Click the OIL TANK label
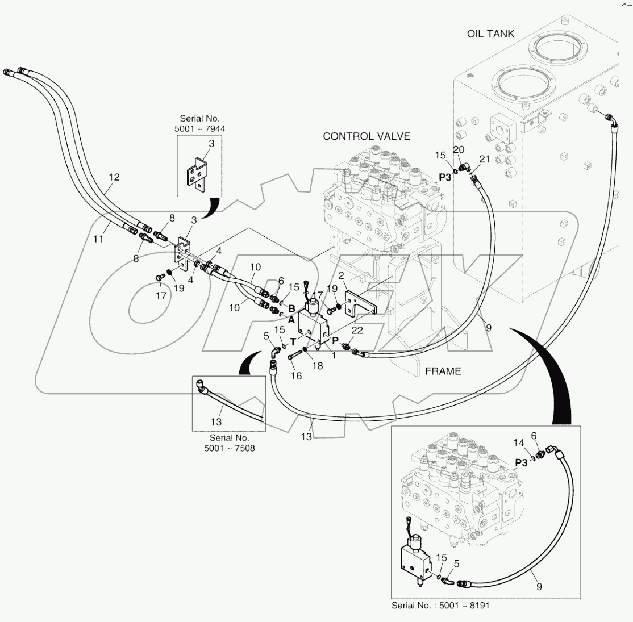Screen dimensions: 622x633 490,34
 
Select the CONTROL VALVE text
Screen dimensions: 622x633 366,136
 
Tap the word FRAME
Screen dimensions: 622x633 443,371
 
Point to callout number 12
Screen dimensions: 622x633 114,177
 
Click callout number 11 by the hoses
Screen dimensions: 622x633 98,240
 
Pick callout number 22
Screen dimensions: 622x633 357,330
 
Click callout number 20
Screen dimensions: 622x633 459,149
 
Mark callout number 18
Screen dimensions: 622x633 317,366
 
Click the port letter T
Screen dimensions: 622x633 294,341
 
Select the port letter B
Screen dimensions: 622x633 291,308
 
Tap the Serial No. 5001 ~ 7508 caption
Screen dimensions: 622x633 229,443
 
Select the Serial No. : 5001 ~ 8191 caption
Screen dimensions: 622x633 440,606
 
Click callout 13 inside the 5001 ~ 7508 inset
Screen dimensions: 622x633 216,422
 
